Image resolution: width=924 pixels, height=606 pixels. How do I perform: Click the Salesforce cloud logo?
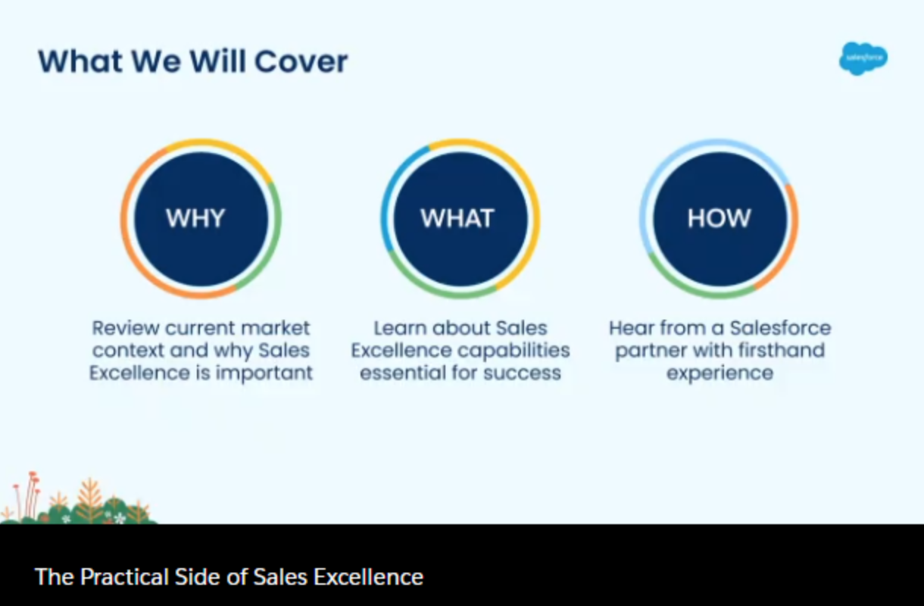pyautogui.click(x=863, y=58)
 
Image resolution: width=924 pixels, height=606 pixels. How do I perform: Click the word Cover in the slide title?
pyautogui.click(x=301, y=61)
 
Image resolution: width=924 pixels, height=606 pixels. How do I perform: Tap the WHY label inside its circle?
pyautogui.click(x=195, y=218)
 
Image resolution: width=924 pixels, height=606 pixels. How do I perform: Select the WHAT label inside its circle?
pyautogui.click(x=457, y=218)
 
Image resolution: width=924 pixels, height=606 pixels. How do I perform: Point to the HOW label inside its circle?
pyautogui.click(x=719, y=218)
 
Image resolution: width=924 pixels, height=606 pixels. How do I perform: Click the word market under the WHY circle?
pyautogui.click(x=275, y=328)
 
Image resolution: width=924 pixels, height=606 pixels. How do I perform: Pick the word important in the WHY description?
pyautogui.click(x=264, y=373)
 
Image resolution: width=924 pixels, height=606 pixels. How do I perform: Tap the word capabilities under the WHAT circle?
pyautogui.click(x=514, y=351)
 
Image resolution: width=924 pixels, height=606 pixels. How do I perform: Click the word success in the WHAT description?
pyautogui.click(x=522, y=373)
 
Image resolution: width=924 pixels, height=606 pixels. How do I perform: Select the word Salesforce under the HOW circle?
pyautogui.click(x=780, y=328)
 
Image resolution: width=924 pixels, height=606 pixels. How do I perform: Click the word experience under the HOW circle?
pyautogui.click(x=720, y=373)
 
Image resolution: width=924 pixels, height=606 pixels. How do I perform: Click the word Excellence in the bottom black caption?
pyautogui.click(x=368, y=576)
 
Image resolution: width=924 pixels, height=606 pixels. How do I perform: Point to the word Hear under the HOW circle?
pyautogui.click(x=631, y=328)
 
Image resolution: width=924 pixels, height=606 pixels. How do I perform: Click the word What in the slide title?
pyautogui.click(x=80, y=61)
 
